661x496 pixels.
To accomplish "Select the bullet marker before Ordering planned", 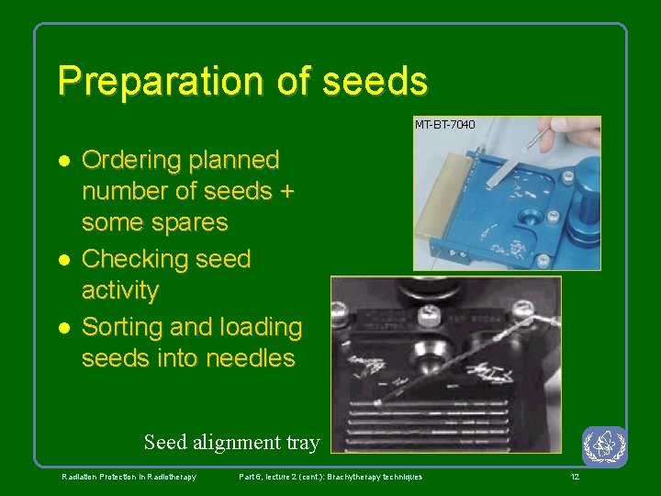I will pyautogui.click(x=63, y=161).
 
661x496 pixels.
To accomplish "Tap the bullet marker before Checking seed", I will pyautogui.click(x=63, y=260).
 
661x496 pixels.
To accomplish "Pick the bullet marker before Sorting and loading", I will pyautogui.click(x=63, y=328).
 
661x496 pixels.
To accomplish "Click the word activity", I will pyautogui.click(x=120, y=291).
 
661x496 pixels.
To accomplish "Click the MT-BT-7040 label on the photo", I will pyautogui.click(x=445, y=124).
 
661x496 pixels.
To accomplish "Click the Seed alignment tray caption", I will pyautogui.click(x=231, y=443).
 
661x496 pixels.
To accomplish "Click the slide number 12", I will pyautogui.click(x=575, y=477).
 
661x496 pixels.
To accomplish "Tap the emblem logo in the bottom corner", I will pyautogui.click(x=604, y=446).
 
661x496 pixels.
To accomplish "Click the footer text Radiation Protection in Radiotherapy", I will pyautogui.click(x=129, y=477).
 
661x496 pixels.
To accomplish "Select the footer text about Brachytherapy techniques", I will pyautogui.click(x=330, y=477).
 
